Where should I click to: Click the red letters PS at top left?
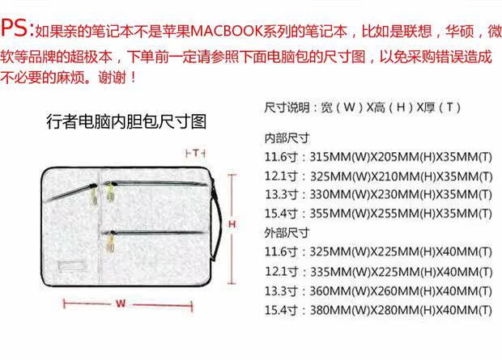tap(16, 30)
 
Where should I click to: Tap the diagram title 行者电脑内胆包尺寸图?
tap(125, 121)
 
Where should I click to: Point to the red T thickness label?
tap(196, 152)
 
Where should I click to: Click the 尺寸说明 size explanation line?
tap(364, 108)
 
